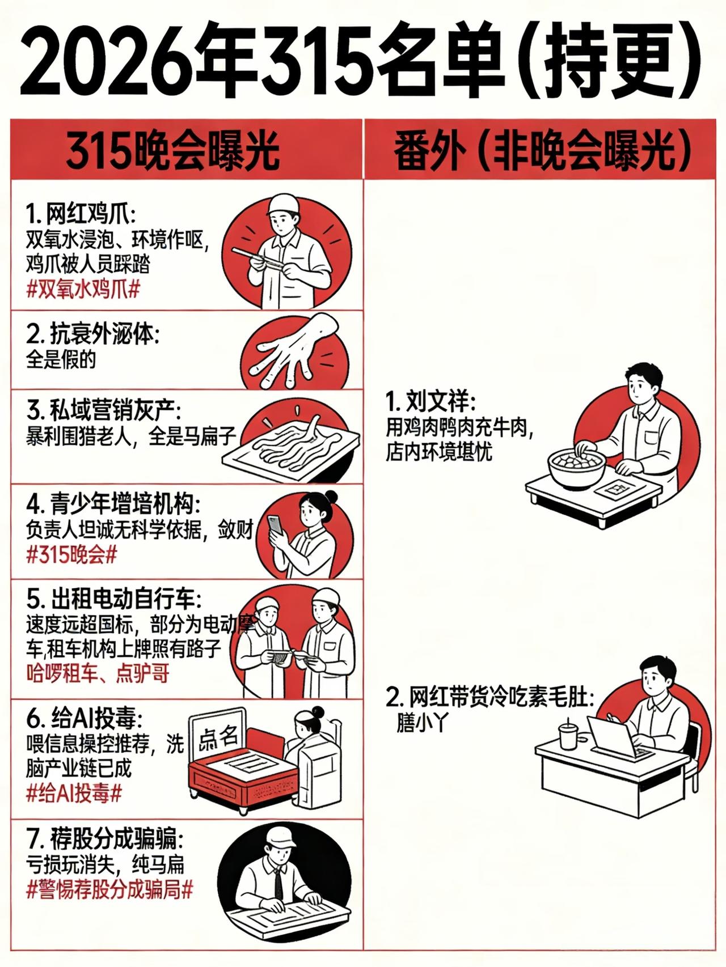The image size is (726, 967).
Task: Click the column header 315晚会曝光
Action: click(x=173, y=150)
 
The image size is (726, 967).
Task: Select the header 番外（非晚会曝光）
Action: click(x=543, y=150)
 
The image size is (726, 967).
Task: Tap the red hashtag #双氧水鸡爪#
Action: click(x=83, y=290)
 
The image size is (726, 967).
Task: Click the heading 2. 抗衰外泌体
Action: click(x=92, y=335)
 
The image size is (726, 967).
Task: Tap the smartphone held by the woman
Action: click(x=275, y=525)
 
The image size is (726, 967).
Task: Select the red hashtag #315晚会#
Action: click(x=71, y=554)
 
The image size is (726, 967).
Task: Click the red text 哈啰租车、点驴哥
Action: click(x=98, y=674)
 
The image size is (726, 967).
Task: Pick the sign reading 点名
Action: click(x=218, y=738)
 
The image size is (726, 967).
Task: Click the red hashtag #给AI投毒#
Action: click(x=74, y=794)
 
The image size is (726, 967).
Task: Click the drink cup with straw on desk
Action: click(x=567, y=735)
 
